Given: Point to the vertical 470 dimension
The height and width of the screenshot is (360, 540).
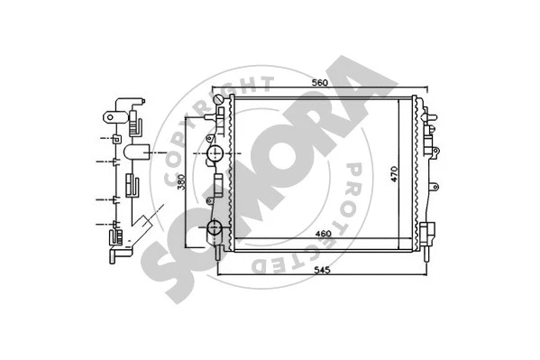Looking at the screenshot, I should point(394,175).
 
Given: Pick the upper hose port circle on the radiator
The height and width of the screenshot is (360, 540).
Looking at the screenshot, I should point(216,155).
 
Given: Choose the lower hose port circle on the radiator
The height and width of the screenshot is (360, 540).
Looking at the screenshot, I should point(216,228).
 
